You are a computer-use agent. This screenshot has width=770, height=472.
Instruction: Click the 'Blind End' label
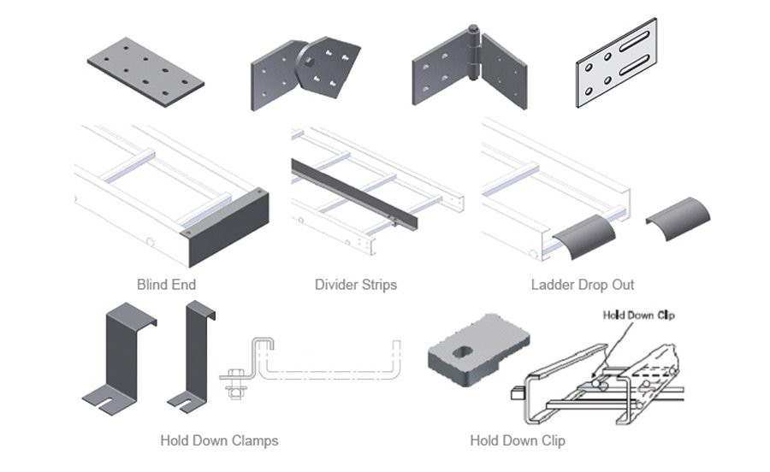click(x=166, y=284)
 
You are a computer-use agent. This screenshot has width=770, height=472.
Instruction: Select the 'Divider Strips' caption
click(x=355, y=284)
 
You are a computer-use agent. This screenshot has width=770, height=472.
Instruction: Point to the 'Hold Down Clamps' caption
click(x=219, y=441)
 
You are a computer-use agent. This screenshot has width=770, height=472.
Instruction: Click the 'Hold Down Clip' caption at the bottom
click(x=517, y=441)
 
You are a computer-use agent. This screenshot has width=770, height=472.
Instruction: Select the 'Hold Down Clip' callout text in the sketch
click(x=638, y=316)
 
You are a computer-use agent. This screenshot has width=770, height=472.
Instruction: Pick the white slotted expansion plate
click(x=616, y=64)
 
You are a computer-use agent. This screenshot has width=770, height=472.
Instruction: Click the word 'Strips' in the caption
click(x=378, y=284)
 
